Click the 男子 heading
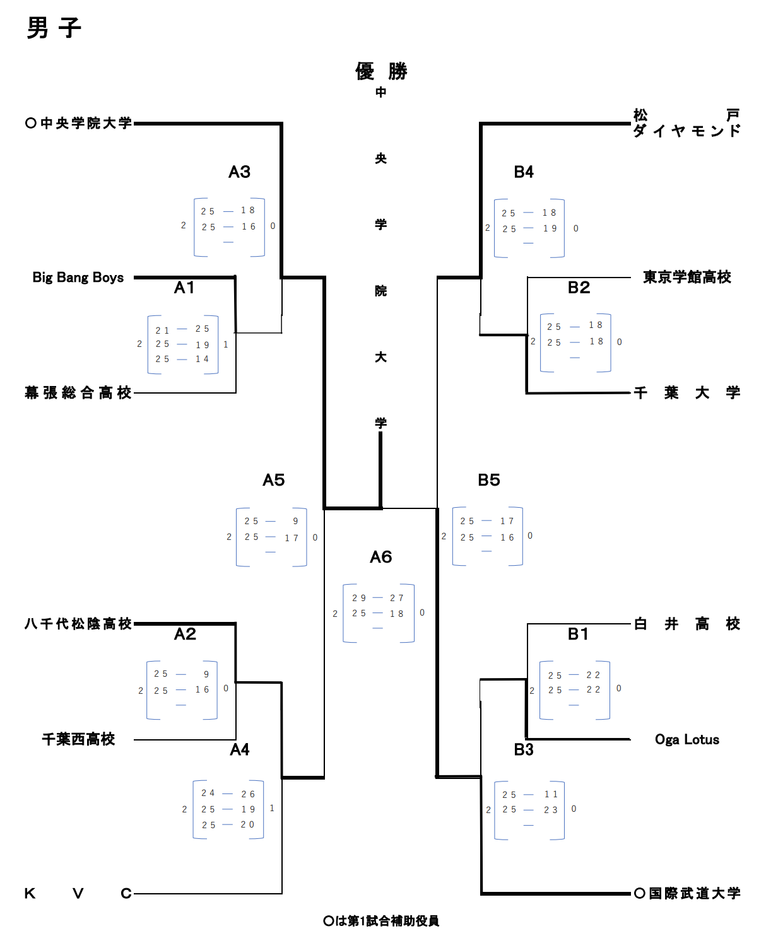pyautogui.click(x=54, y=28)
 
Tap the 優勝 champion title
pyautogui.click(x=381, y=71)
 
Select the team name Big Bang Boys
pyautogui.click(x=78, y=278)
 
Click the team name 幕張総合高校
pyautogui.click(x=78, y=393)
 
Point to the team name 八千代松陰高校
pyautogui.click(x=78, y=624)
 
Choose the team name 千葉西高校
pyautogui.click(x=78, y=739)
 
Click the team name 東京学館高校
pyautogui.click(x=687, y=278)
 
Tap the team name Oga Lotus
pyautogui.click(x=687, y=739)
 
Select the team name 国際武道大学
pyautogui.click(x=695, y=893)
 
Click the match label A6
pyautogui.click(x=381, y=557)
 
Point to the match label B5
pyautogui.click(x=489, y=480)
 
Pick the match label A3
pyautogui.click(x=240, y=172)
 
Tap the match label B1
pyautogui.click(x=578, y=634)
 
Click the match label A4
pyautogui.click(x=240, y=749)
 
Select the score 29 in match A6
pyautogui.click(x=359, y=598)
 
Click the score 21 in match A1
pyautogui.click(x=162, y=331)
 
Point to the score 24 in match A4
pyautogui.click(x=208, y=793)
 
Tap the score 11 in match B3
pyautogui.click(x=551, y=795)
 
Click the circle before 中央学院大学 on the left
pyautogui.click(x=30, y=123)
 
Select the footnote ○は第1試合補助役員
pyautogui.click(x=381, y=921)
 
